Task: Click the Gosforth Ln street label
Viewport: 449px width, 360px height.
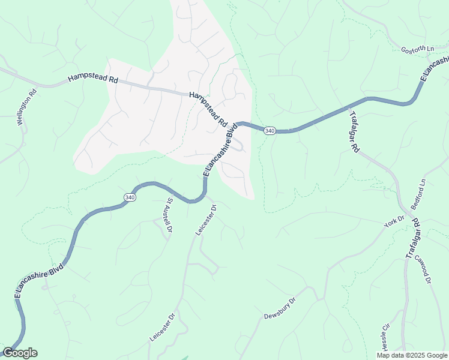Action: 416,50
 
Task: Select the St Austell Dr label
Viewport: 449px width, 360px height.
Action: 169,216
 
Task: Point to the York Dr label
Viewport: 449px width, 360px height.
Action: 394,221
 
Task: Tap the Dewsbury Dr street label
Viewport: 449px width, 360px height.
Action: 280,308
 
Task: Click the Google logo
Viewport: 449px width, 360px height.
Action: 20,353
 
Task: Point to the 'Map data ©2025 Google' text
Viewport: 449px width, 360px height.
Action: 411,355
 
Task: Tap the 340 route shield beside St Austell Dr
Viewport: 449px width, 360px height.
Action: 130,197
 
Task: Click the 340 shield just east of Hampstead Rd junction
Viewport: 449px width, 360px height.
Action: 270,131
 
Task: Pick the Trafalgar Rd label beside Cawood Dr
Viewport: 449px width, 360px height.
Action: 412,239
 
